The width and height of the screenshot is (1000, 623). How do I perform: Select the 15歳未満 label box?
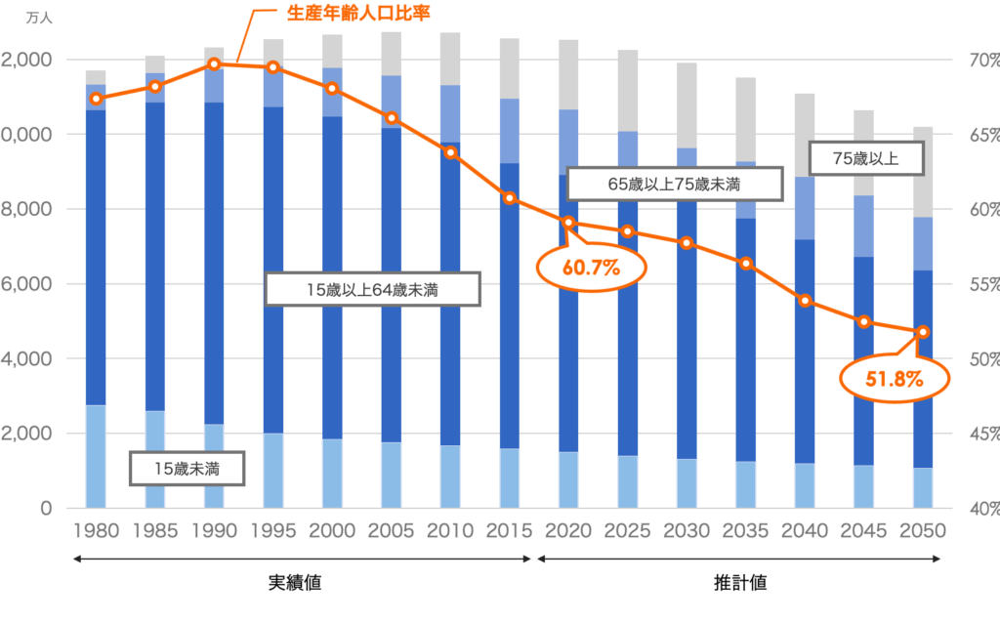pyautogui.click(x=186, y=469)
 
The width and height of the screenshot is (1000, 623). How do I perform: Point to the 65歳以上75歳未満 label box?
pyautogui.click(x=675, y=183)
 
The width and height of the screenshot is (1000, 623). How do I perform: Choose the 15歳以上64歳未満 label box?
pyautogui.click(x=372, y=289)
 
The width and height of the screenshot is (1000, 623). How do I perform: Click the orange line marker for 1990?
pyautogui.click(x=214, y=64)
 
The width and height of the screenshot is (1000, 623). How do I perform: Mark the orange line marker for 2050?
pyautogui.click(x=923, y=332)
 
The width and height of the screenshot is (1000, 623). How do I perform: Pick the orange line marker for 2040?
pyautogui.click(x=805, y=301)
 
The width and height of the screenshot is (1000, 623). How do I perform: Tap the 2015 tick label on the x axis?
pyautogui.click(x=510, y=532)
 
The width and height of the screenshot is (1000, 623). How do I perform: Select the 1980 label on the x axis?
pyautogui.click(x=96, y=532)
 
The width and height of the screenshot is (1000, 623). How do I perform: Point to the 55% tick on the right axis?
pyautogui.click(x=982, y=284)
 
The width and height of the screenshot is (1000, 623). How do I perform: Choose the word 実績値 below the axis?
pyautogui.click(x=295, y=583)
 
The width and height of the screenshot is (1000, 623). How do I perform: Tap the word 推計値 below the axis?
pyautogui.click(x=739, y=583)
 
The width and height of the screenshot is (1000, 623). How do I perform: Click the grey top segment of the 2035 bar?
pyautogui.click(x=746, y=117)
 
